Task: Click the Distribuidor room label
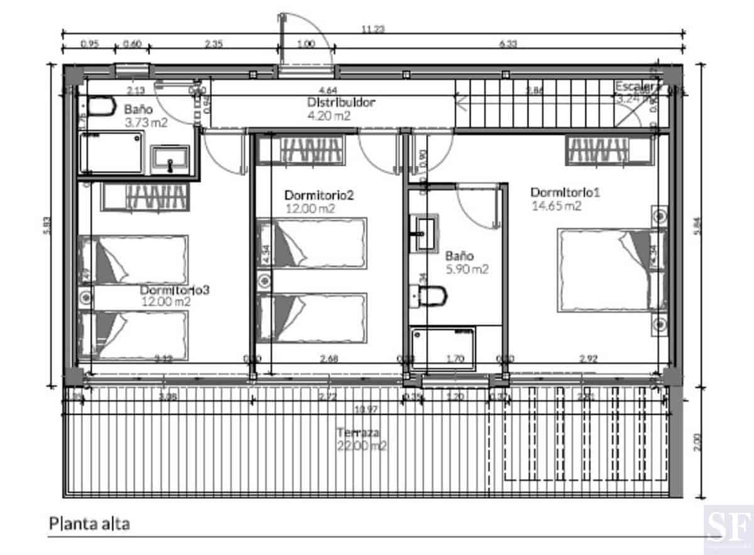tap(341, 102)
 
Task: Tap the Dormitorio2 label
tap(319, 195)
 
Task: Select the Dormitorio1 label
tap(565, 192)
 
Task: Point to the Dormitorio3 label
tap(174, 290)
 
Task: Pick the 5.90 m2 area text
tap(467, 269)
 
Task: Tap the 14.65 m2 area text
tap(556, 206)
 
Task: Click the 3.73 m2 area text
tap(146, 123)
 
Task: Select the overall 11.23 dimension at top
tap(373, 29)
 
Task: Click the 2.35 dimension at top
tap(214, 44)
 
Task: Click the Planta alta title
tap(89, 524)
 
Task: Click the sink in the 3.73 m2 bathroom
tap(170, 158)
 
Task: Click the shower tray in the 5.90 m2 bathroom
tap(443, 347)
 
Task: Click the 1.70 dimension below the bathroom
tap(455, 360)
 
